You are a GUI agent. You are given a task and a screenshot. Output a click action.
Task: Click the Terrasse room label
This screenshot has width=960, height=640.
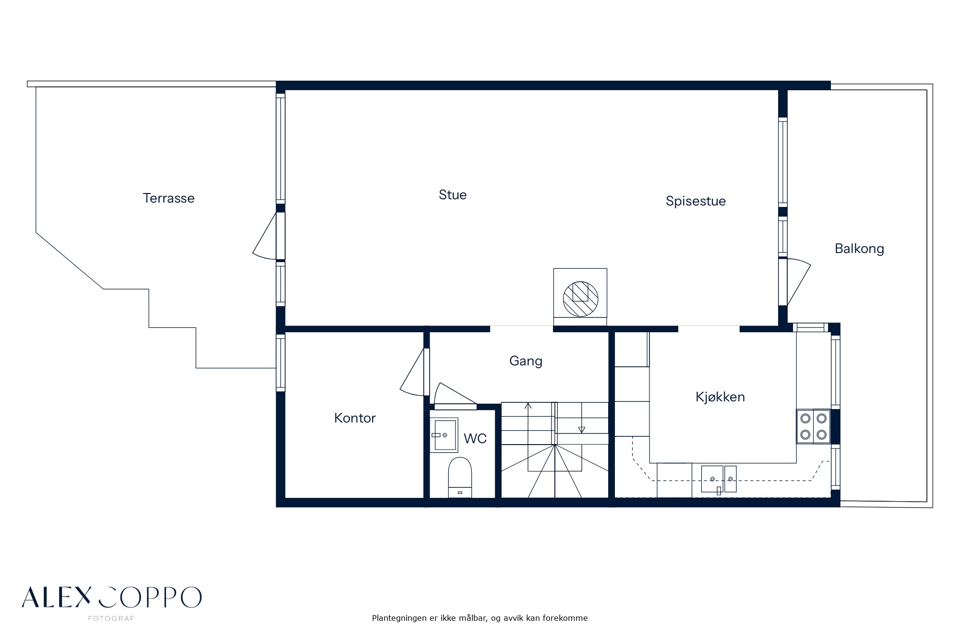168,198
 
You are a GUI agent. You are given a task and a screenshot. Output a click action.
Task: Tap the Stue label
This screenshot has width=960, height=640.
453,194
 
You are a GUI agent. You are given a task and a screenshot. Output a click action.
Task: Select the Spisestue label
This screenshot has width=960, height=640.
696,201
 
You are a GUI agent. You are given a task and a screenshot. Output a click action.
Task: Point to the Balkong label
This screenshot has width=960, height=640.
859,249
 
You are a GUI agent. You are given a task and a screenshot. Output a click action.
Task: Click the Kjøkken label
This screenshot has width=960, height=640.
720,397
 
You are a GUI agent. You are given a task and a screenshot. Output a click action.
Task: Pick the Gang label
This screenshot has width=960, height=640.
526,361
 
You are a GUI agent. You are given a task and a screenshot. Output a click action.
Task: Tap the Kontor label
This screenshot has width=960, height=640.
355,418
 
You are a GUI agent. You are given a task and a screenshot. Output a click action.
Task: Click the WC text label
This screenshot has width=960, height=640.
475,438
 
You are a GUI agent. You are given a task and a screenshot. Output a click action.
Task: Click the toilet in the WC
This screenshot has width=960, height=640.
460,477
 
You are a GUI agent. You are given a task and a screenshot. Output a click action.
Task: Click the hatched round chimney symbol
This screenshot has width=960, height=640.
580,299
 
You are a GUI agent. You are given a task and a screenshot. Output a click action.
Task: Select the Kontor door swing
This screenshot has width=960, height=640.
413,372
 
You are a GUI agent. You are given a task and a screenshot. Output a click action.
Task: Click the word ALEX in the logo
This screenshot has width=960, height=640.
56,597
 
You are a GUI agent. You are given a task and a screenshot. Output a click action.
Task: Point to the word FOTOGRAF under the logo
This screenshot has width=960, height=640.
111,618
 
